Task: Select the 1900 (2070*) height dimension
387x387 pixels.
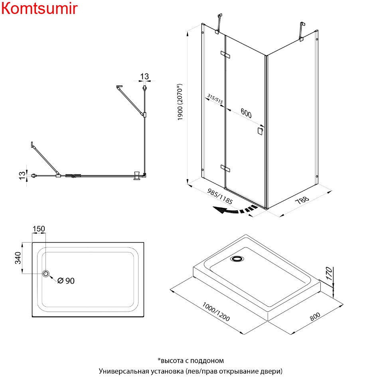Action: [181, 102]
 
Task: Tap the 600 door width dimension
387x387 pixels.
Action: [246, 114]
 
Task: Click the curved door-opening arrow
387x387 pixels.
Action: [234, 210]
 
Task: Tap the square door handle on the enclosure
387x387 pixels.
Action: [260, 131]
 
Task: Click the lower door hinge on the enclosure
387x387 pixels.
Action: [225, 168]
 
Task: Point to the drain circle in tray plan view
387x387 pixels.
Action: [46, 273]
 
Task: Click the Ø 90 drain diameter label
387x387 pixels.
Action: [66, 281]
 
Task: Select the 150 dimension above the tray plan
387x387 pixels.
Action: [39, 229]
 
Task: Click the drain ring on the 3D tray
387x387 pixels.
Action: [236, 259]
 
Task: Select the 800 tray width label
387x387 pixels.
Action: [315, 318]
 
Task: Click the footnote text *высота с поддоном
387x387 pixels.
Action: [190, 361]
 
